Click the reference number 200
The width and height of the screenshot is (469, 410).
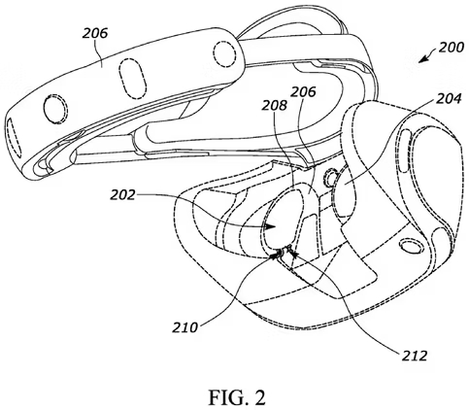[x=452, y=48]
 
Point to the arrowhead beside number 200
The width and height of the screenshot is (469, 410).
[x=422, y=59]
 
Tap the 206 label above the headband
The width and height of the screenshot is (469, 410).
[x=94, y=33]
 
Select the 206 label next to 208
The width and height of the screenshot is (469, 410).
[x=303, y=92]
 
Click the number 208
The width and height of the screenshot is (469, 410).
[x=275, y=105]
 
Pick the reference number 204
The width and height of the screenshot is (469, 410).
[x=449, y=99]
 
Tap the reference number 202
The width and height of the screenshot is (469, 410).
[x=122, y=195]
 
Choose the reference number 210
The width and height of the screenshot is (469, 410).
[x=184, y=327]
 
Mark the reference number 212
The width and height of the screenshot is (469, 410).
[x=415, y=356]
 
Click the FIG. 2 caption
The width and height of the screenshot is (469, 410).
[x=237, y=397]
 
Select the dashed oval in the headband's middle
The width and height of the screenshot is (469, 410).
[x=132, y=79]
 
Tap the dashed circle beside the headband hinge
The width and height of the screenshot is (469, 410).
[x=224, y=51]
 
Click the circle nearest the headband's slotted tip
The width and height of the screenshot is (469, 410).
[x=55, y=109]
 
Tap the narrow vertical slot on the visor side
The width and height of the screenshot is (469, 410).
[x=405, y=151]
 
